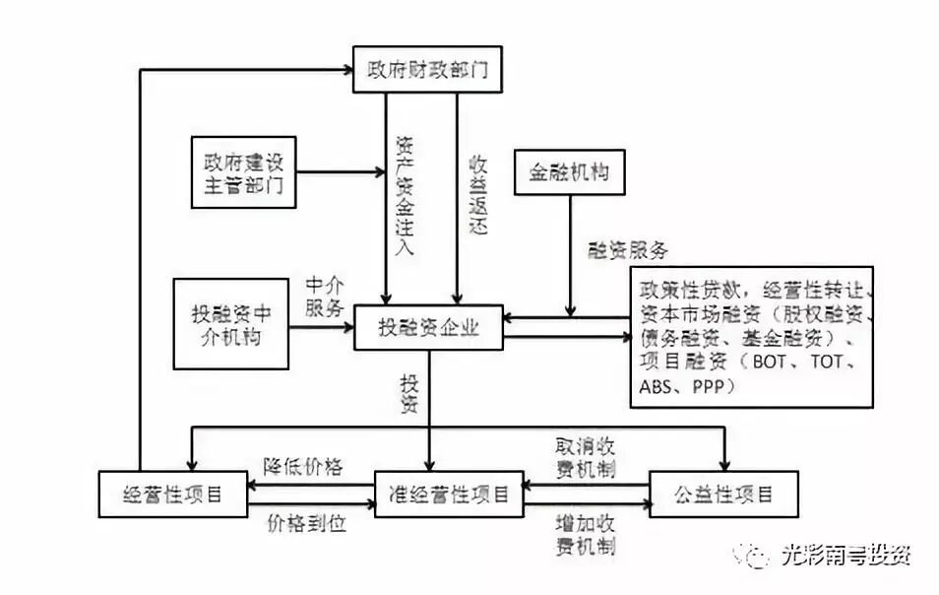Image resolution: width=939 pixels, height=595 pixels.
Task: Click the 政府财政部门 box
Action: point(420,69)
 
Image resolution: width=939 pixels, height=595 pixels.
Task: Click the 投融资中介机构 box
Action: point(230,324)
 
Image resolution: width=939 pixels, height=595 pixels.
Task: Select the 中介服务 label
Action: point(324,296)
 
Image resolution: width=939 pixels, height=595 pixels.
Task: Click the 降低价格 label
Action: point(303,467)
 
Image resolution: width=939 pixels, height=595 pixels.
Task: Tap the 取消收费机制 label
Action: point(586,458)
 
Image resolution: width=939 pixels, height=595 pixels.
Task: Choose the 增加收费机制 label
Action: point(586,533)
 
